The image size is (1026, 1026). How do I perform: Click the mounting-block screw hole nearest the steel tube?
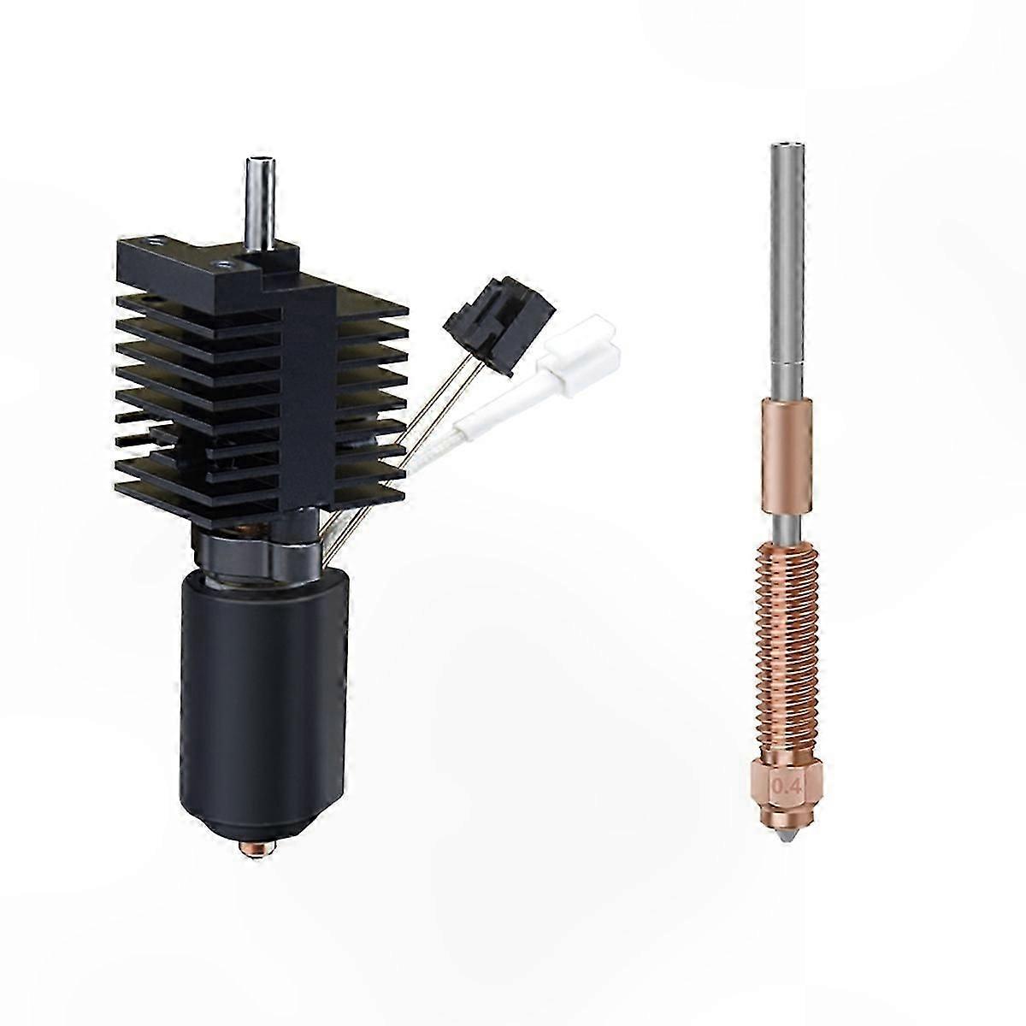(x=224, y=254)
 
